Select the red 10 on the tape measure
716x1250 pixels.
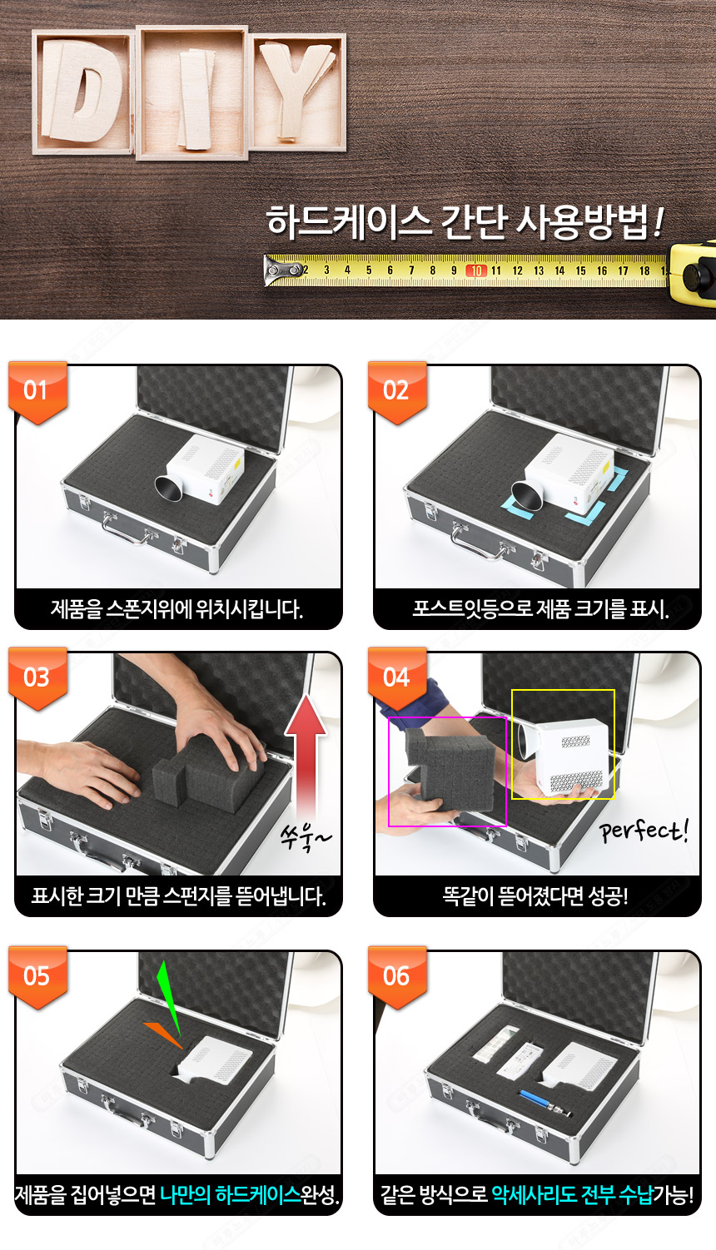[476, 270]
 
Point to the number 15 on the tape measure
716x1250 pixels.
[580, 270]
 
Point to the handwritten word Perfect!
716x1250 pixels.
[644, 831]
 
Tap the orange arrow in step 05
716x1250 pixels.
[163, 1034]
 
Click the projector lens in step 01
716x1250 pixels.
[168, 489]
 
